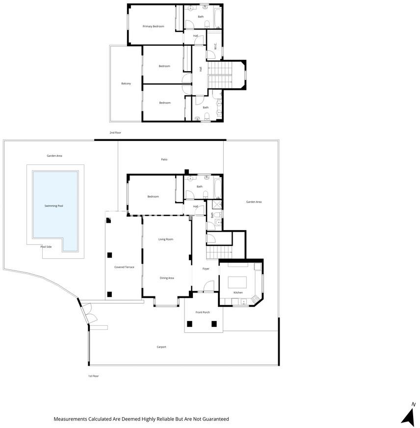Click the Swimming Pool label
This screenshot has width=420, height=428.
(x=54, y=206)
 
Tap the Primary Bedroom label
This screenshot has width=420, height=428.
(x=154, y=27)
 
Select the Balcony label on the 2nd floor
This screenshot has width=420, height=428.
(x=126, y=83)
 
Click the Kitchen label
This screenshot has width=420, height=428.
(x=238, y=293)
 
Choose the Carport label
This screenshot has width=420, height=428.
(x=161, y=347)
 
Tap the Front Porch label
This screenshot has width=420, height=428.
(x=203, y=312)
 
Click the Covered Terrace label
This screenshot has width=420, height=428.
(x=124, y=267)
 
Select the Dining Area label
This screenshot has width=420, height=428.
(x=167, y=278)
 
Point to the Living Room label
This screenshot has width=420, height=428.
(x=166, y=240)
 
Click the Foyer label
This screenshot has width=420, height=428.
(x=206, y=269)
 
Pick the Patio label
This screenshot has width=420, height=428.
(x=164, y=160)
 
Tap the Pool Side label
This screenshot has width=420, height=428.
(x=46, y=247)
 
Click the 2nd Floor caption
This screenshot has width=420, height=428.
(x=115, y=133)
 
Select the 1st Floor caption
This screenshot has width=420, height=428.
(x=93, y=376)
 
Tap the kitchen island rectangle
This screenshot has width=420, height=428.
(x=237, y=282)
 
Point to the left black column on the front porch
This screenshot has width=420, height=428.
(x=189, y=324)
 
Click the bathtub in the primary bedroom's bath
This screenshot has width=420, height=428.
(x=218, y=19)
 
